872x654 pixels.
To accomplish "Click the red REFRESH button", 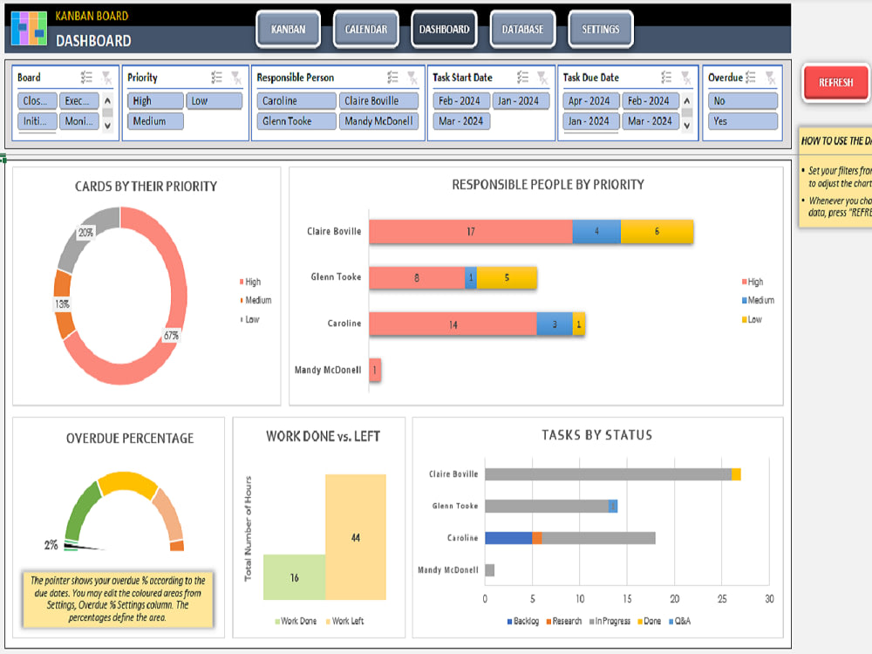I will pyautogui.click(x=835, y=83).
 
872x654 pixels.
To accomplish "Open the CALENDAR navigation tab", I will pyautogui.click(x=366, y=30).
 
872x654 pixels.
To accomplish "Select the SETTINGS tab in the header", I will pyautogui.click(x=601, y=30).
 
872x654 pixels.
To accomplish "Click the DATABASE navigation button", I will pyautogui.click(x=522, y=30).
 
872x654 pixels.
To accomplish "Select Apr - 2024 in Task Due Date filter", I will pyautogui.click(x=590, y=101).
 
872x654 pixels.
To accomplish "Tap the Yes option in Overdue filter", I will pyautogui.click(x=742, y=121).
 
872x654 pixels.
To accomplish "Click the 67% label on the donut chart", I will pyautogui.click(x=171, y=336).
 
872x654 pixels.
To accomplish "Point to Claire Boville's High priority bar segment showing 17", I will pyautogui.click(x=471, y=232).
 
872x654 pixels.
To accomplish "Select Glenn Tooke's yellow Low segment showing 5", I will pyautogui.click(x=507, y=278).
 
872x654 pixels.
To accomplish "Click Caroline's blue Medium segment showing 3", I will pyautogui.click(x=555, y=324).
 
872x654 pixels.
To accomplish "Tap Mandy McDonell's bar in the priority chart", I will pyautogui.click(x=375, y=370).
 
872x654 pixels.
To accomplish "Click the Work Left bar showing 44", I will pyautogui.click(x=355, y=537).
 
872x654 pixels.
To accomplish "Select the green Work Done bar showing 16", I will pyautogui.click(x=294, y=577).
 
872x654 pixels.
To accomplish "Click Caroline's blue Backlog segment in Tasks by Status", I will pyautogui.click(x=508, y=538).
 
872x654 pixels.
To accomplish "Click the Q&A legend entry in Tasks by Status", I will pyautogui.click(x=678, y=622).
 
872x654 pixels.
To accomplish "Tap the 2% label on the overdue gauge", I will pyautogui.click(x=51, y=545).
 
